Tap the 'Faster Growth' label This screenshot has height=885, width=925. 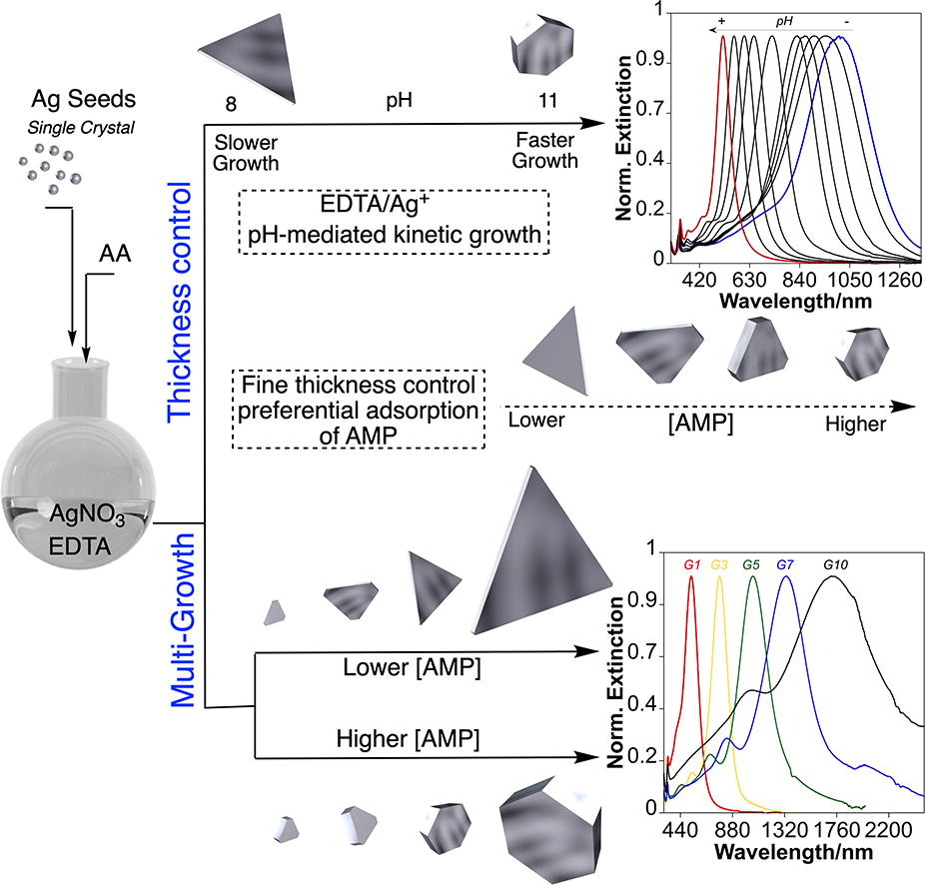545,151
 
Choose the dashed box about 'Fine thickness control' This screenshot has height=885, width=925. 358,409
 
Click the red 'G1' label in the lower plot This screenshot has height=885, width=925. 692,564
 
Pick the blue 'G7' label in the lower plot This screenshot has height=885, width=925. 786,564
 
